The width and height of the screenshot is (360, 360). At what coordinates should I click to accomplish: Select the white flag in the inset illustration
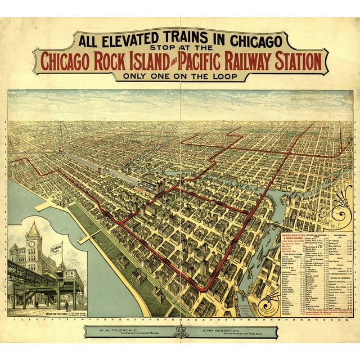56,249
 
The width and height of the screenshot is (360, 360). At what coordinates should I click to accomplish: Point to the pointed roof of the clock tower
33,229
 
